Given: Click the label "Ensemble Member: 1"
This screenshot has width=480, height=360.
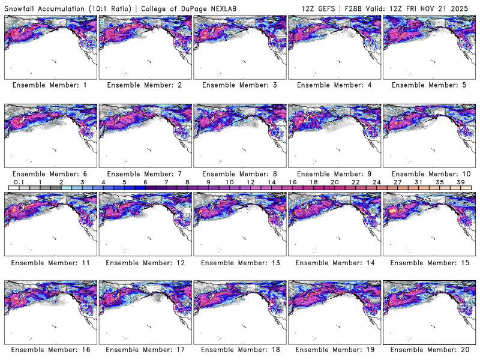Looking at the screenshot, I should [x=49, y=85].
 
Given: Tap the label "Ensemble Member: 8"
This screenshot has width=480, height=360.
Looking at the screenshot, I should [x=238, y=173].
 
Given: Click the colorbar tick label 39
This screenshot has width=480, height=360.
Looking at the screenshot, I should [x=460, y=182].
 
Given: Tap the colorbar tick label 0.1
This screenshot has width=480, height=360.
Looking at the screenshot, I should [x=19, y=182].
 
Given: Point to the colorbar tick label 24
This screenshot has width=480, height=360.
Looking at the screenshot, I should [x=376, y=182].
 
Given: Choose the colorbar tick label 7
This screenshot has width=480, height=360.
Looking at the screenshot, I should [x=166, y=182].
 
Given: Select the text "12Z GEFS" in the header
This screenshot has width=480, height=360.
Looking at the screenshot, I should [x=317, y=8].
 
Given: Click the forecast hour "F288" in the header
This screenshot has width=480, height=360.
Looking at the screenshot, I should [x=353, y=8].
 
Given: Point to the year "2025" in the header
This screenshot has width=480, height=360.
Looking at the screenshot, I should [x=461, y=8].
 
